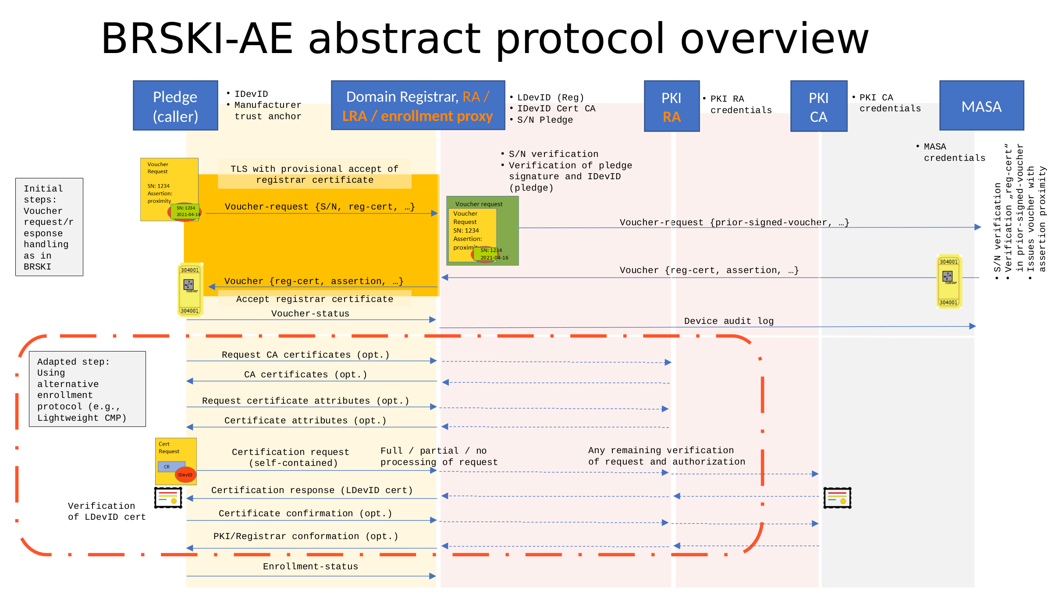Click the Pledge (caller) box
(175, 106)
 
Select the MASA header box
(981, 106)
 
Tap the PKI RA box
(672, 107)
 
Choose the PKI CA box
(818, 107)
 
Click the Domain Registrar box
(418, 106)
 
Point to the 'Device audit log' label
(729, 321)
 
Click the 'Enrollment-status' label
(310, 566)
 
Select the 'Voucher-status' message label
(310, 313)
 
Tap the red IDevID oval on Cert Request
(185, 475)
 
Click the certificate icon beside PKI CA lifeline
(837, 498)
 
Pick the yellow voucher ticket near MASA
(949, 281)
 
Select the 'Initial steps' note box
(49, 227)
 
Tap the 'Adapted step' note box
(87, 389)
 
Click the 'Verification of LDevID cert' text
(107, 511)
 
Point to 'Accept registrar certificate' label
(314, 299)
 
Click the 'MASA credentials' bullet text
(953, 152)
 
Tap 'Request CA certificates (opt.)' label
(306, 355)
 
